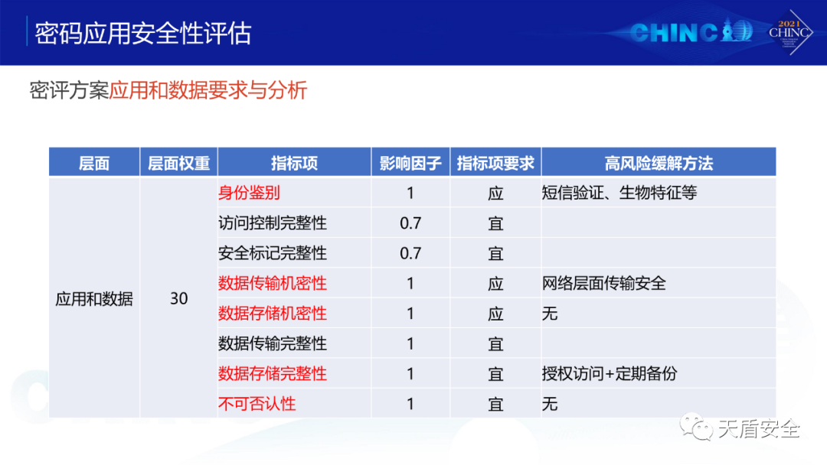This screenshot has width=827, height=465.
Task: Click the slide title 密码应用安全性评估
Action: pos(143,33)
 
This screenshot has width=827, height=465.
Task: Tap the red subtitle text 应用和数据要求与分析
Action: pos(208,90)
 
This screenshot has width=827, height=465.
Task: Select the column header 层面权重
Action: pos(178,163)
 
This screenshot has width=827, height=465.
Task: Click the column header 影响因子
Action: pos(410,163)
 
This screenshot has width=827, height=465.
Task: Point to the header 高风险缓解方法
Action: pos(659,163)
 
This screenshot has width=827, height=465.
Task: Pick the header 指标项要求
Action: pos(495,163)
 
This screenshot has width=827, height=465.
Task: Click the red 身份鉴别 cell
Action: pos(249,193)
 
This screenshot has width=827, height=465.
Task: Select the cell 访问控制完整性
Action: pos(273,223)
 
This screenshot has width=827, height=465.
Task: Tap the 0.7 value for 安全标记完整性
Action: pos(410,253)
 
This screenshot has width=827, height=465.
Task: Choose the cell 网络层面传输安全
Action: pos(604,283)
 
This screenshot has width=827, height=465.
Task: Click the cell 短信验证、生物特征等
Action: pos(619,193)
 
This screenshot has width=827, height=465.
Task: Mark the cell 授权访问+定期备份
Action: pos(610,373)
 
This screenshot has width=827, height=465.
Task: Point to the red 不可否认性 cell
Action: pos(257,404)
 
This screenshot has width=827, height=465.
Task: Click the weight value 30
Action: pos(178,298)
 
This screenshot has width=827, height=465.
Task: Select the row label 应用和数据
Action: pos(94,298)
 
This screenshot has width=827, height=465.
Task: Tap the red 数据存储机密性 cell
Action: pos(273,314)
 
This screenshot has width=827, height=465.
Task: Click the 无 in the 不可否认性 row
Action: pos(550,404)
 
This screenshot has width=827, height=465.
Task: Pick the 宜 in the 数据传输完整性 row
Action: pos(495,343)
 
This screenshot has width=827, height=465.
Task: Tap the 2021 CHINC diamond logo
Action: pos(789,32)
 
